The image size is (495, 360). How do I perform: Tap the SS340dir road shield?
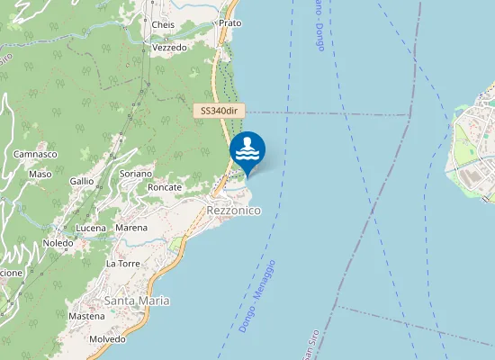[x=220, y=111]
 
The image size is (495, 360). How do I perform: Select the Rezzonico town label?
[x=233, y=210]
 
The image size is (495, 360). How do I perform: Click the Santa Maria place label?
[x=137, y=300]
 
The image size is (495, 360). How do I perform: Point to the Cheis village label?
[x=164, y=24]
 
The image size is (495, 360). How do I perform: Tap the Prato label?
[x=229, y=22]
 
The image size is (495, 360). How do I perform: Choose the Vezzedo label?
[x=169, y=47]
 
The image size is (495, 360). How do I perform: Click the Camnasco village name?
[x=36, y=155]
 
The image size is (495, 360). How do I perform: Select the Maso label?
[x=40, y=174]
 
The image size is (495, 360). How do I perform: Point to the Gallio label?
[x=82, y=181]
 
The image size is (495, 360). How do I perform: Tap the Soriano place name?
[x=136, y=173]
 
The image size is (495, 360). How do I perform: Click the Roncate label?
[x=165, y=187]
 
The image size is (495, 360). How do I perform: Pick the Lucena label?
[x=91, y=229]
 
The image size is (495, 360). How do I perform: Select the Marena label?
[x=131, y=228]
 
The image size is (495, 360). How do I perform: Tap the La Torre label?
[x=122, y=264]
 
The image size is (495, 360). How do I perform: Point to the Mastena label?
[x=86, y=316]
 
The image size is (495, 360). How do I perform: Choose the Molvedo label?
[x=107, y=338]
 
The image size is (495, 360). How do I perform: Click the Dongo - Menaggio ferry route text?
[x=257, y=296]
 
